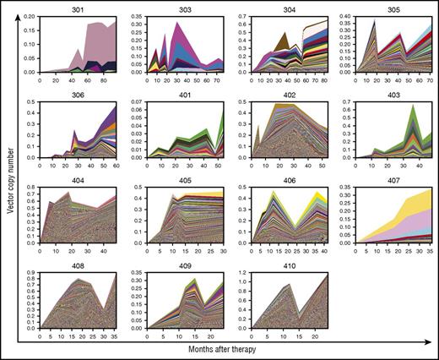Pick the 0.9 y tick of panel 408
(30, 272)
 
